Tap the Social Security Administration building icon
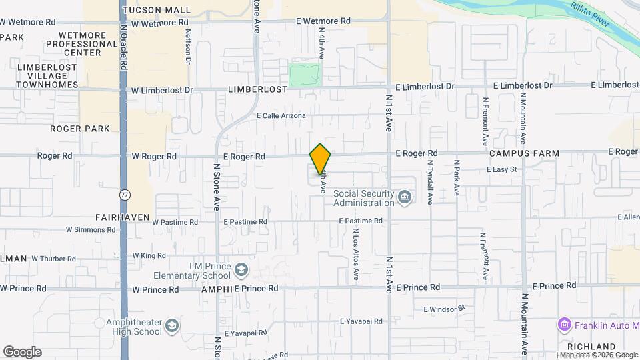[404, 197]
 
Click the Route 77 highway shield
[124, 195]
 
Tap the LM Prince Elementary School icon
[241, 270]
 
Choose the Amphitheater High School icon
[172, 326]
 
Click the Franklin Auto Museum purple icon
[564, 325]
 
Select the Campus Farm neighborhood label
[523, 153]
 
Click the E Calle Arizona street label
[281, 116]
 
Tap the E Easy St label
[502, 170]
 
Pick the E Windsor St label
[443, 309]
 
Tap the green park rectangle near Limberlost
[305, 75]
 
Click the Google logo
[22, 352]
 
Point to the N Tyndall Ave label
[430, 181]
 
